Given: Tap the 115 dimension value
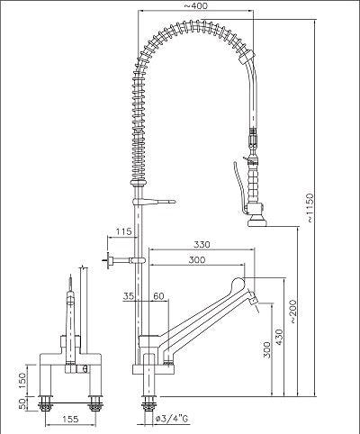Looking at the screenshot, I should pos(123,234).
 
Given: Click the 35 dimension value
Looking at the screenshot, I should pos(129,295).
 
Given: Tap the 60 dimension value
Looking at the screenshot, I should pos(158,295).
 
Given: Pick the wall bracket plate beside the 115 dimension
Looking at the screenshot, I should pos(110,262).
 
